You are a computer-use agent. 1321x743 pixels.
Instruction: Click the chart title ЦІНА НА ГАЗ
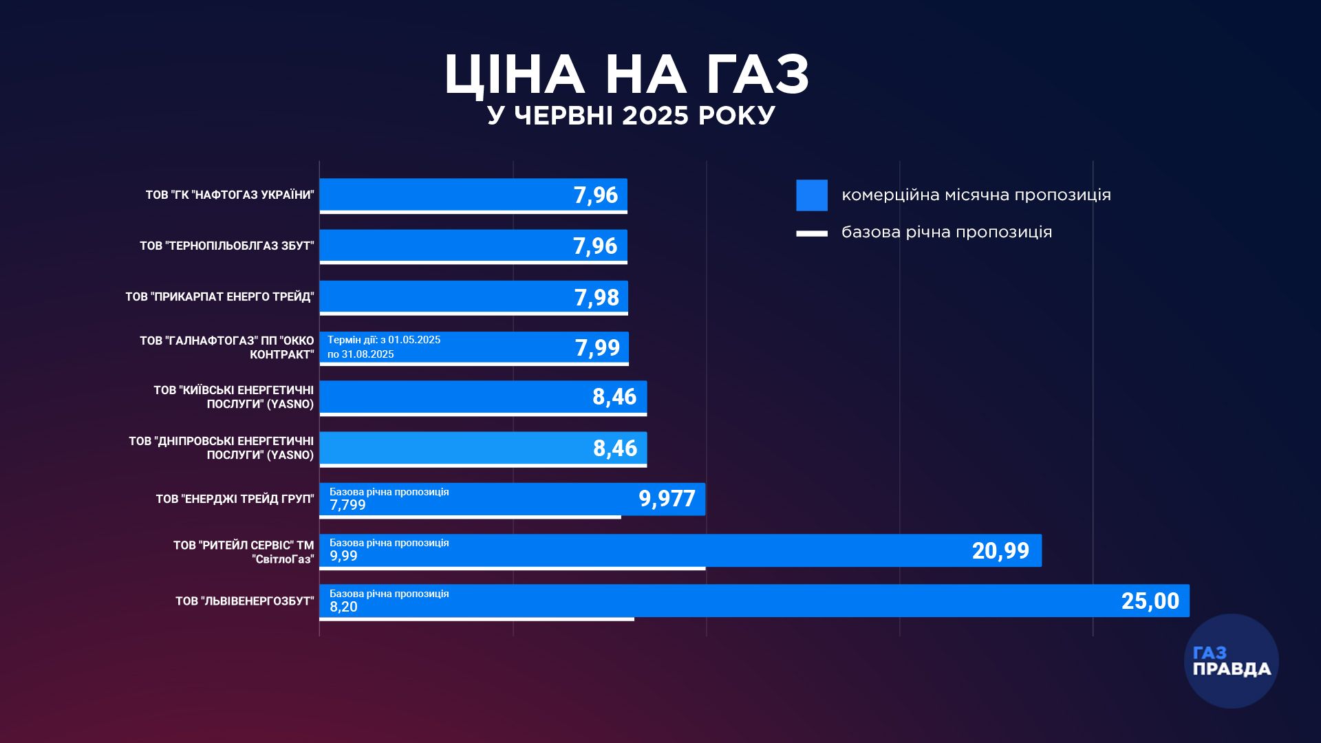[x=627, y=74]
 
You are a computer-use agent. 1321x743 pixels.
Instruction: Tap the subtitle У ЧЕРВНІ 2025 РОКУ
[x=631, y=116]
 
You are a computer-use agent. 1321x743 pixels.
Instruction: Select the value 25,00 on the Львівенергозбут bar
[x=1150, y=601]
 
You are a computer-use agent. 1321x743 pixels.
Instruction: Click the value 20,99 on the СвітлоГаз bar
[x=1000, y=550]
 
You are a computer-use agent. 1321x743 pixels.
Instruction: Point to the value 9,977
[x=667, y=499]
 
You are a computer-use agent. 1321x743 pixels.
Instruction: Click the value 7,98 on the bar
[x=597, y=297]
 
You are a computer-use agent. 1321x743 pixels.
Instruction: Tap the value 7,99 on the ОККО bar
[x=597, y=348]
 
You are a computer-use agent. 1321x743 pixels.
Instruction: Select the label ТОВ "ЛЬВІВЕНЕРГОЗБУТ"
[x=244, y=601]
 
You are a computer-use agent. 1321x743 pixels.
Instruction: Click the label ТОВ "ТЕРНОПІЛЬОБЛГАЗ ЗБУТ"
[x=226, y=246]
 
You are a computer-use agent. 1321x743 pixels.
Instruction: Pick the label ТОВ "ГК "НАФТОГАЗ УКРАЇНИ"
[x=230, y=195]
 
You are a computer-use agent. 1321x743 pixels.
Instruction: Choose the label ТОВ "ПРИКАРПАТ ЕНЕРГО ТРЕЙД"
[x=219, y=297]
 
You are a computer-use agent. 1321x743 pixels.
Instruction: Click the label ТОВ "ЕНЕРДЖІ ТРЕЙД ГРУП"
[x=235, y=499]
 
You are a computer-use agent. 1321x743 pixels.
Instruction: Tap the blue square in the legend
[x=812, y=195]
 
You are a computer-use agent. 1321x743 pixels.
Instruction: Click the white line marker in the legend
[x=812, y=234]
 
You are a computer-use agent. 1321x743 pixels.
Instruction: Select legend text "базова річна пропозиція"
[x=947, y=233]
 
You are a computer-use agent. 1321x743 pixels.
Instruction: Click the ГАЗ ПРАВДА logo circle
[x=1231, y=661]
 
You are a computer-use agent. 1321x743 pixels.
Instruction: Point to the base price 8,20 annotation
[x=343, y=607]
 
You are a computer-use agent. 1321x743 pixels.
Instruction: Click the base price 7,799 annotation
[x=347, y=505]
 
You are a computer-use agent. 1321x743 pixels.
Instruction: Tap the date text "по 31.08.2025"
[x=361, y=354]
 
